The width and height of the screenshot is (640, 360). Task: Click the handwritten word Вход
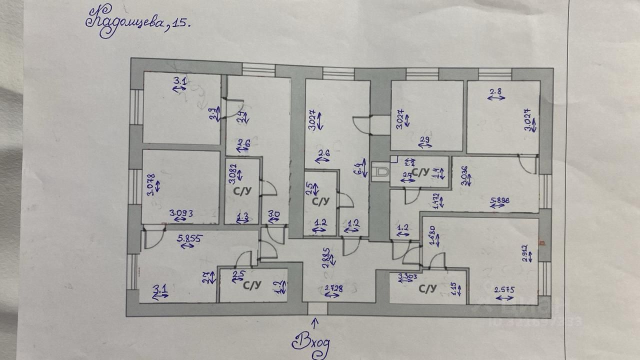coord(310,342)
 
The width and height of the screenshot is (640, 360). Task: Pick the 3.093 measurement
coord(181,213)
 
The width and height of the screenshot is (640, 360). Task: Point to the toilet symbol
coord(381,171)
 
